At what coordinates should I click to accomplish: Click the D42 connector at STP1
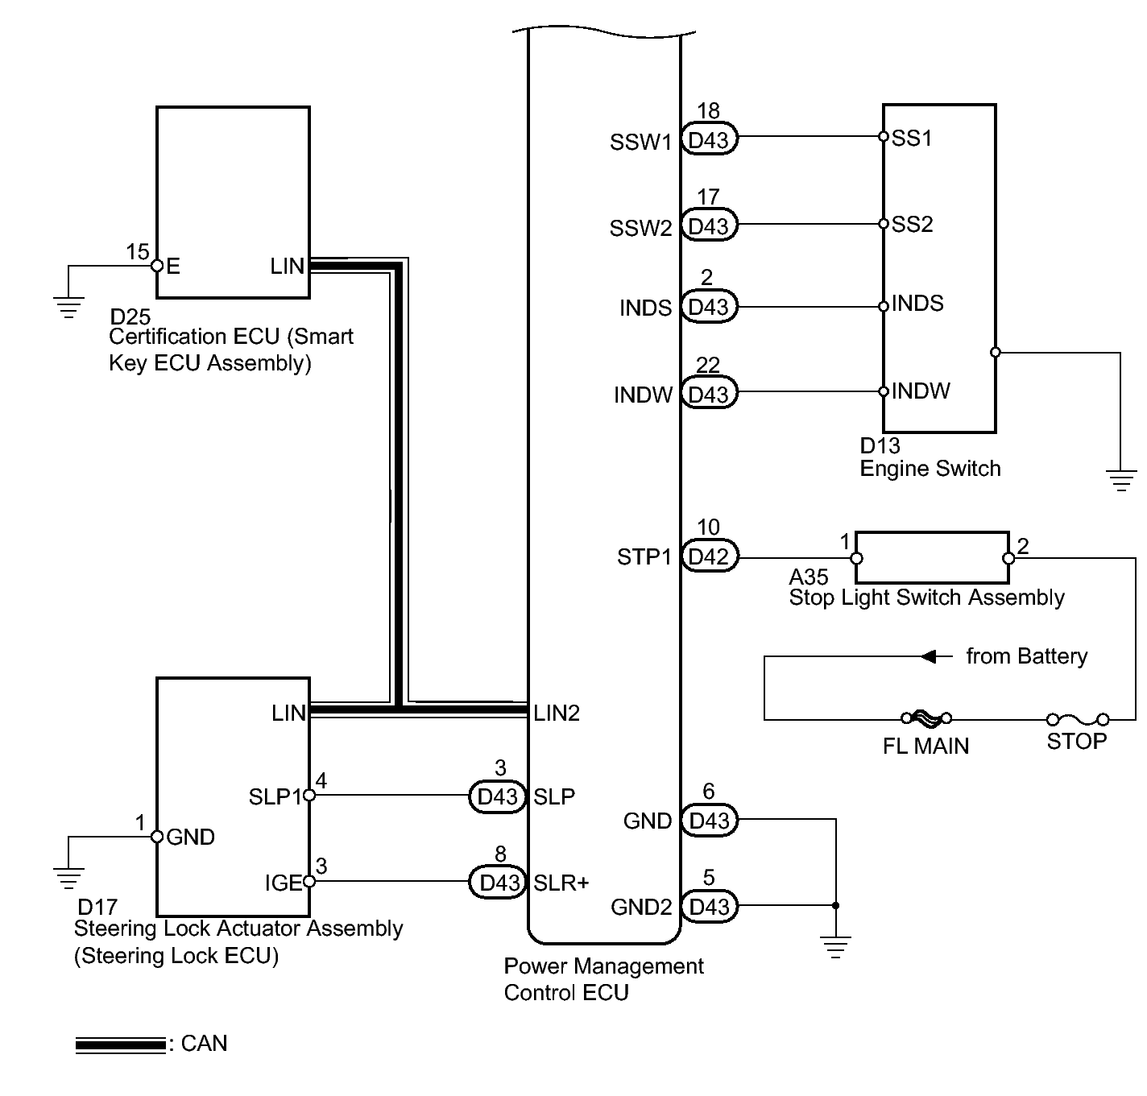click(x=709, y=556)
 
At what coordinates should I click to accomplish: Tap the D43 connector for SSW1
click(x=709, y=139)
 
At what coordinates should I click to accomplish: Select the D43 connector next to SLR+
click(x=498, y=882)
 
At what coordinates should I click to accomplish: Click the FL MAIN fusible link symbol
click(x=926, y=718)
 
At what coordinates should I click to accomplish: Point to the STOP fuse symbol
click(x=1078, y=719)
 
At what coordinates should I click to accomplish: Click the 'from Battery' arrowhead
click(x=929, y=656)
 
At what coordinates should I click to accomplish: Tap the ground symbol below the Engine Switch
click(x=1120, y=480)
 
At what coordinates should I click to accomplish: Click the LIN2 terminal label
click(x=557, y=713)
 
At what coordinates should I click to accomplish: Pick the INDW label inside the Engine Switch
click(x=921, y=391)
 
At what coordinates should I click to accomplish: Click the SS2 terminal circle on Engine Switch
click(x=883, y=224)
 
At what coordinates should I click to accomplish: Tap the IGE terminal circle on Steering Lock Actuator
click(x=308, y=882)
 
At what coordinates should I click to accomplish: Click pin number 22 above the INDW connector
click(x=708, y=366)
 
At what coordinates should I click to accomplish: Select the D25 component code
click(x=130, y=317)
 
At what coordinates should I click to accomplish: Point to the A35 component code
click(x=809, y=577)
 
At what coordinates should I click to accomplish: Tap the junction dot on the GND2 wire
click(x=835, y=905)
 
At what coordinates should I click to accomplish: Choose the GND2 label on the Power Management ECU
click(x=641, y=907)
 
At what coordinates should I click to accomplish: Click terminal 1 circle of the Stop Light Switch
click(x=857, y=558)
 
